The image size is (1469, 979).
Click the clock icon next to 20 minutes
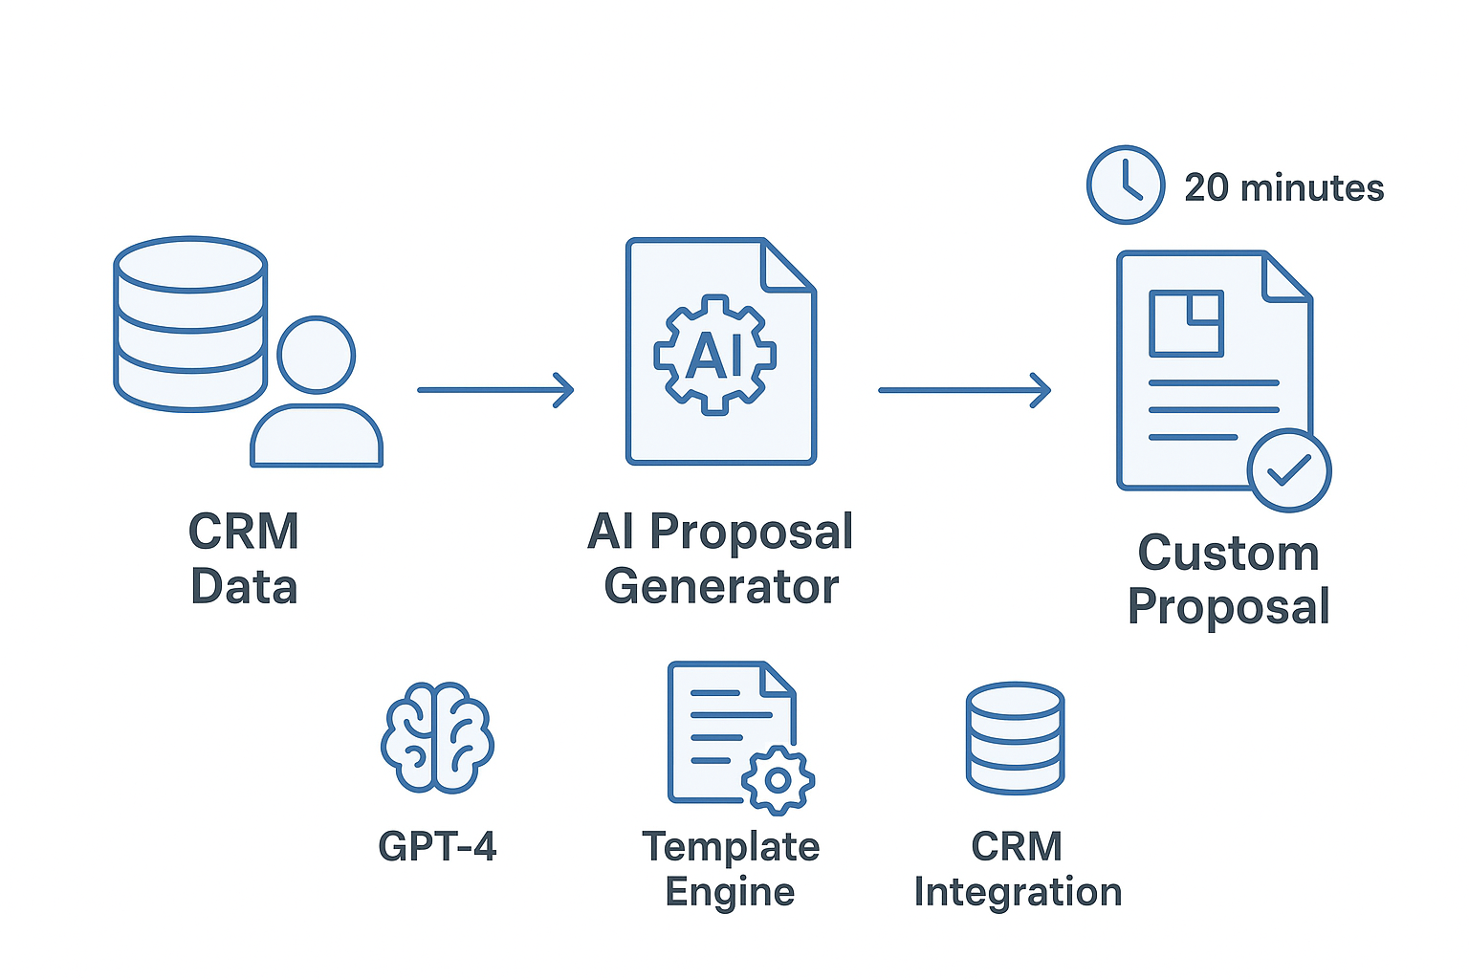1126,185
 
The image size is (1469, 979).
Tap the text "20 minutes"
1283,187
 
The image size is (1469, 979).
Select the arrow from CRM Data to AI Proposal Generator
495,390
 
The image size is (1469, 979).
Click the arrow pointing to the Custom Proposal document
964,390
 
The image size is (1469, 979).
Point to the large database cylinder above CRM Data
190,323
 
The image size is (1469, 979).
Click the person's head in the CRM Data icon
317,355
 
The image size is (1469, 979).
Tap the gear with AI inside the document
714,355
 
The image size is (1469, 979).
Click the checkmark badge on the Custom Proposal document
1289,470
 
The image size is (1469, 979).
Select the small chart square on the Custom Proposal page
1187,323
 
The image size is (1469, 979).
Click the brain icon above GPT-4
437,737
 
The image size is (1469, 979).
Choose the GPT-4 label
437,846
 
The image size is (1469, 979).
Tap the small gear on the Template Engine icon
778,780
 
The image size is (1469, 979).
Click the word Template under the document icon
731,846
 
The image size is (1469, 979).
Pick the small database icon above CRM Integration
1015,737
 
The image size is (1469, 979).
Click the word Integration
1018,892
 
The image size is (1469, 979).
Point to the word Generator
721,586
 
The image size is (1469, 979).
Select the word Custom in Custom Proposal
1228,553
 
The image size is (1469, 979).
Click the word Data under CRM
244,586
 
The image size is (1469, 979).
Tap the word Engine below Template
730,892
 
